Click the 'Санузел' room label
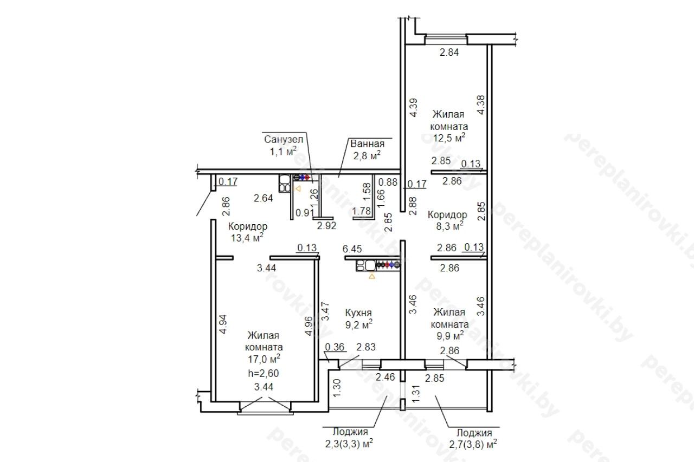click(284, 139)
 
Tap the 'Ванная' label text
click(367, 144)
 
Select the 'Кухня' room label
click(358, 313)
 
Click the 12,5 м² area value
click(449, 138)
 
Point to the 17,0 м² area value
click(264, 359)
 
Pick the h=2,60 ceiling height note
click(264, 374)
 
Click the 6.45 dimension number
click(352, 249)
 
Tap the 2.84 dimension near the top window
click(449, 53)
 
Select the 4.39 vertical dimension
click(414, 108)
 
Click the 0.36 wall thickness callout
click(335, 347)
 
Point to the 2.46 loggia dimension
click(385, 377)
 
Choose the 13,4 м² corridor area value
click(247, 238)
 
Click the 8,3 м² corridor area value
click(449, 226)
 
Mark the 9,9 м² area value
click(450, 335)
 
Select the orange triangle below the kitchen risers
click(372, 276)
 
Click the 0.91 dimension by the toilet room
click(305, 213)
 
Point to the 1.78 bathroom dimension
click(361, 211)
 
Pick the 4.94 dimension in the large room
click(223, 324)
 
